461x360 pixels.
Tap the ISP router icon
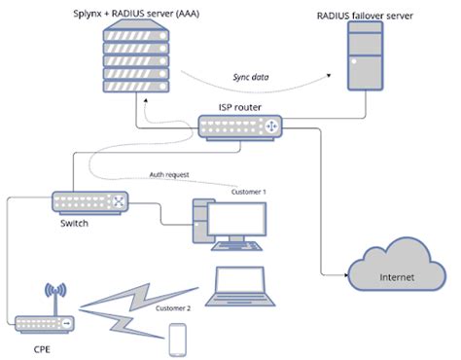pos(239,127)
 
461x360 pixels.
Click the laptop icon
pos(239,283)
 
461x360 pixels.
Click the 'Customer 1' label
pos(249,192)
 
